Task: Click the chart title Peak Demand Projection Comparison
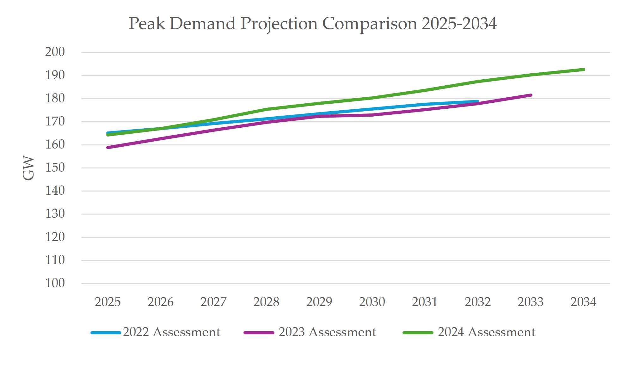point(312,24)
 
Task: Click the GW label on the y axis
point(28,168)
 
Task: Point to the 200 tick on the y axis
point(55,52)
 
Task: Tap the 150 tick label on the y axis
point(55,167)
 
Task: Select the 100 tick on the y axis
point(55,283)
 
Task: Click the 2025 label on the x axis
point(107,302)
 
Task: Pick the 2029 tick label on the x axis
point(319,302)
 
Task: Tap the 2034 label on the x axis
point(583,302)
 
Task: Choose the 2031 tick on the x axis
point(425,302)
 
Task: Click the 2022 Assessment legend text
point(171,332)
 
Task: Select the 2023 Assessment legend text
point(327,332)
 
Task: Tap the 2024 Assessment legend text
point(486,332)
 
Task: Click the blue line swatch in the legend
point(106,333)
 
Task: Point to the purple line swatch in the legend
point(259,333)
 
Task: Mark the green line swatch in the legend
point(418,333)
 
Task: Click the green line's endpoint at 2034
point(583,70)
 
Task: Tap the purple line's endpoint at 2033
point(531,95)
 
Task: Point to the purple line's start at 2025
point(108,148)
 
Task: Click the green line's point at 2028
point(267,109)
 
